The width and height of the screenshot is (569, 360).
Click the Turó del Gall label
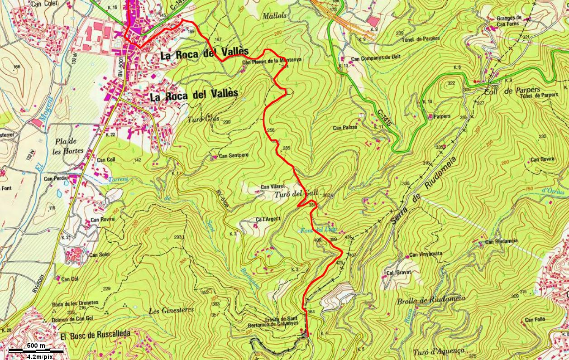pyautogui.click(x=297, y=194)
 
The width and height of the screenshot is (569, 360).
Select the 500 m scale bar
pyautogui.click(x=36, y=350)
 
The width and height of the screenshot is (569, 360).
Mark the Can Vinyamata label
pyautogui.click(x=426, y=254)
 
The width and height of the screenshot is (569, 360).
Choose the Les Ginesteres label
pyautogui.click(x=171, y=310)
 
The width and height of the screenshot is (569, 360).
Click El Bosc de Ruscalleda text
pyautogui.click(x=95, y=334)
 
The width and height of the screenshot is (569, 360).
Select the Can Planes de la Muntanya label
pyautogui.click(x=272, y=62)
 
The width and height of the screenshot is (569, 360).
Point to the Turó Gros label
pyautogui.click(x=203, y=120)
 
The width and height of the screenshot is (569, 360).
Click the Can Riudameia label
pyautogui.click(x=502, y=242)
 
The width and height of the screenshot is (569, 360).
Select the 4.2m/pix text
pyautogui.click(x=40, y=357)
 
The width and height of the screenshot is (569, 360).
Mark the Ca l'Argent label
pyautogui.click(x=268, y=219)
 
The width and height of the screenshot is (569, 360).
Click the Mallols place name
pyautogui.click(x=275, y=15)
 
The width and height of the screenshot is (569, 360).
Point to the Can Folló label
pyautogui.click(x=536, y=320)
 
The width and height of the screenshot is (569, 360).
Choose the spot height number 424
pyautogui.click(x=339, y=263)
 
